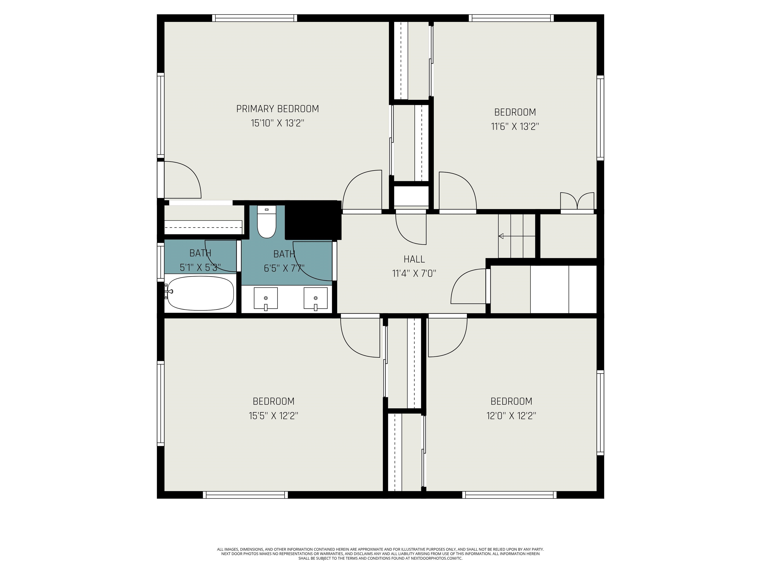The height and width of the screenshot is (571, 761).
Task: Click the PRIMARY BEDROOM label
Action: tap(277, 109)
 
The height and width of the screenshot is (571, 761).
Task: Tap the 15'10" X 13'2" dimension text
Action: tap(277, 123)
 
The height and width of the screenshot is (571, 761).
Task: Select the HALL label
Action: tap(414, 259)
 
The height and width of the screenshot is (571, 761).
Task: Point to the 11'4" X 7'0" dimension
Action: tap(414, 274)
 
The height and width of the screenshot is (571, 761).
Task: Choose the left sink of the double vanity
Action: tap(266, 298)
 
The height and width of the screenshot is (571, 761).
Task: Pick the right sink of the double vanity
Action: tap(316, 298)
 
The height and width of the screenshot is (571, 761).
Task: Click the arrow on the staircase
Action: tap(517, 236)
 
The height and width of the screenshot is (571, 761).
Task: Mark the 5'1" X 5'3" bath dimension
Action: tap(200, 268)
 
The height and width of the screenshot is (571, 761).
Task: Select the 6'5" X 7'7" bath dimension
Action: tap(284, 268)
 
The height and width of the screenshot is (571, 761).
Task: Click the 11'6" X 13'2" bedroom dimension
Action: tap(515, 127)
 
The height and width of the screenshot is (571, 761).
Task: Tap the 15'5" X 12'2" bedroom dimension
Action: tap(273, 416)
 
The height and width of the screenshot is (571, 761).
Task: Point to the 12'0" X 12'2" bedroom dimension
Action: tap(511, 416)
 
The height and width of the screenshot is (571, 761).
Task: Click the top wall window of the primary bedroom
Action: tap(254, 18)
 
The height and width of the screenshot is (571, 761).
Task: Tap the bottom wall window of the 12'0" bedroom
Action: tap(509, 495)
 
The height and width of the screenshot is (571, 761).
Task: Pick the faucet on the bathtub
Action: tap(169, 291)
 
